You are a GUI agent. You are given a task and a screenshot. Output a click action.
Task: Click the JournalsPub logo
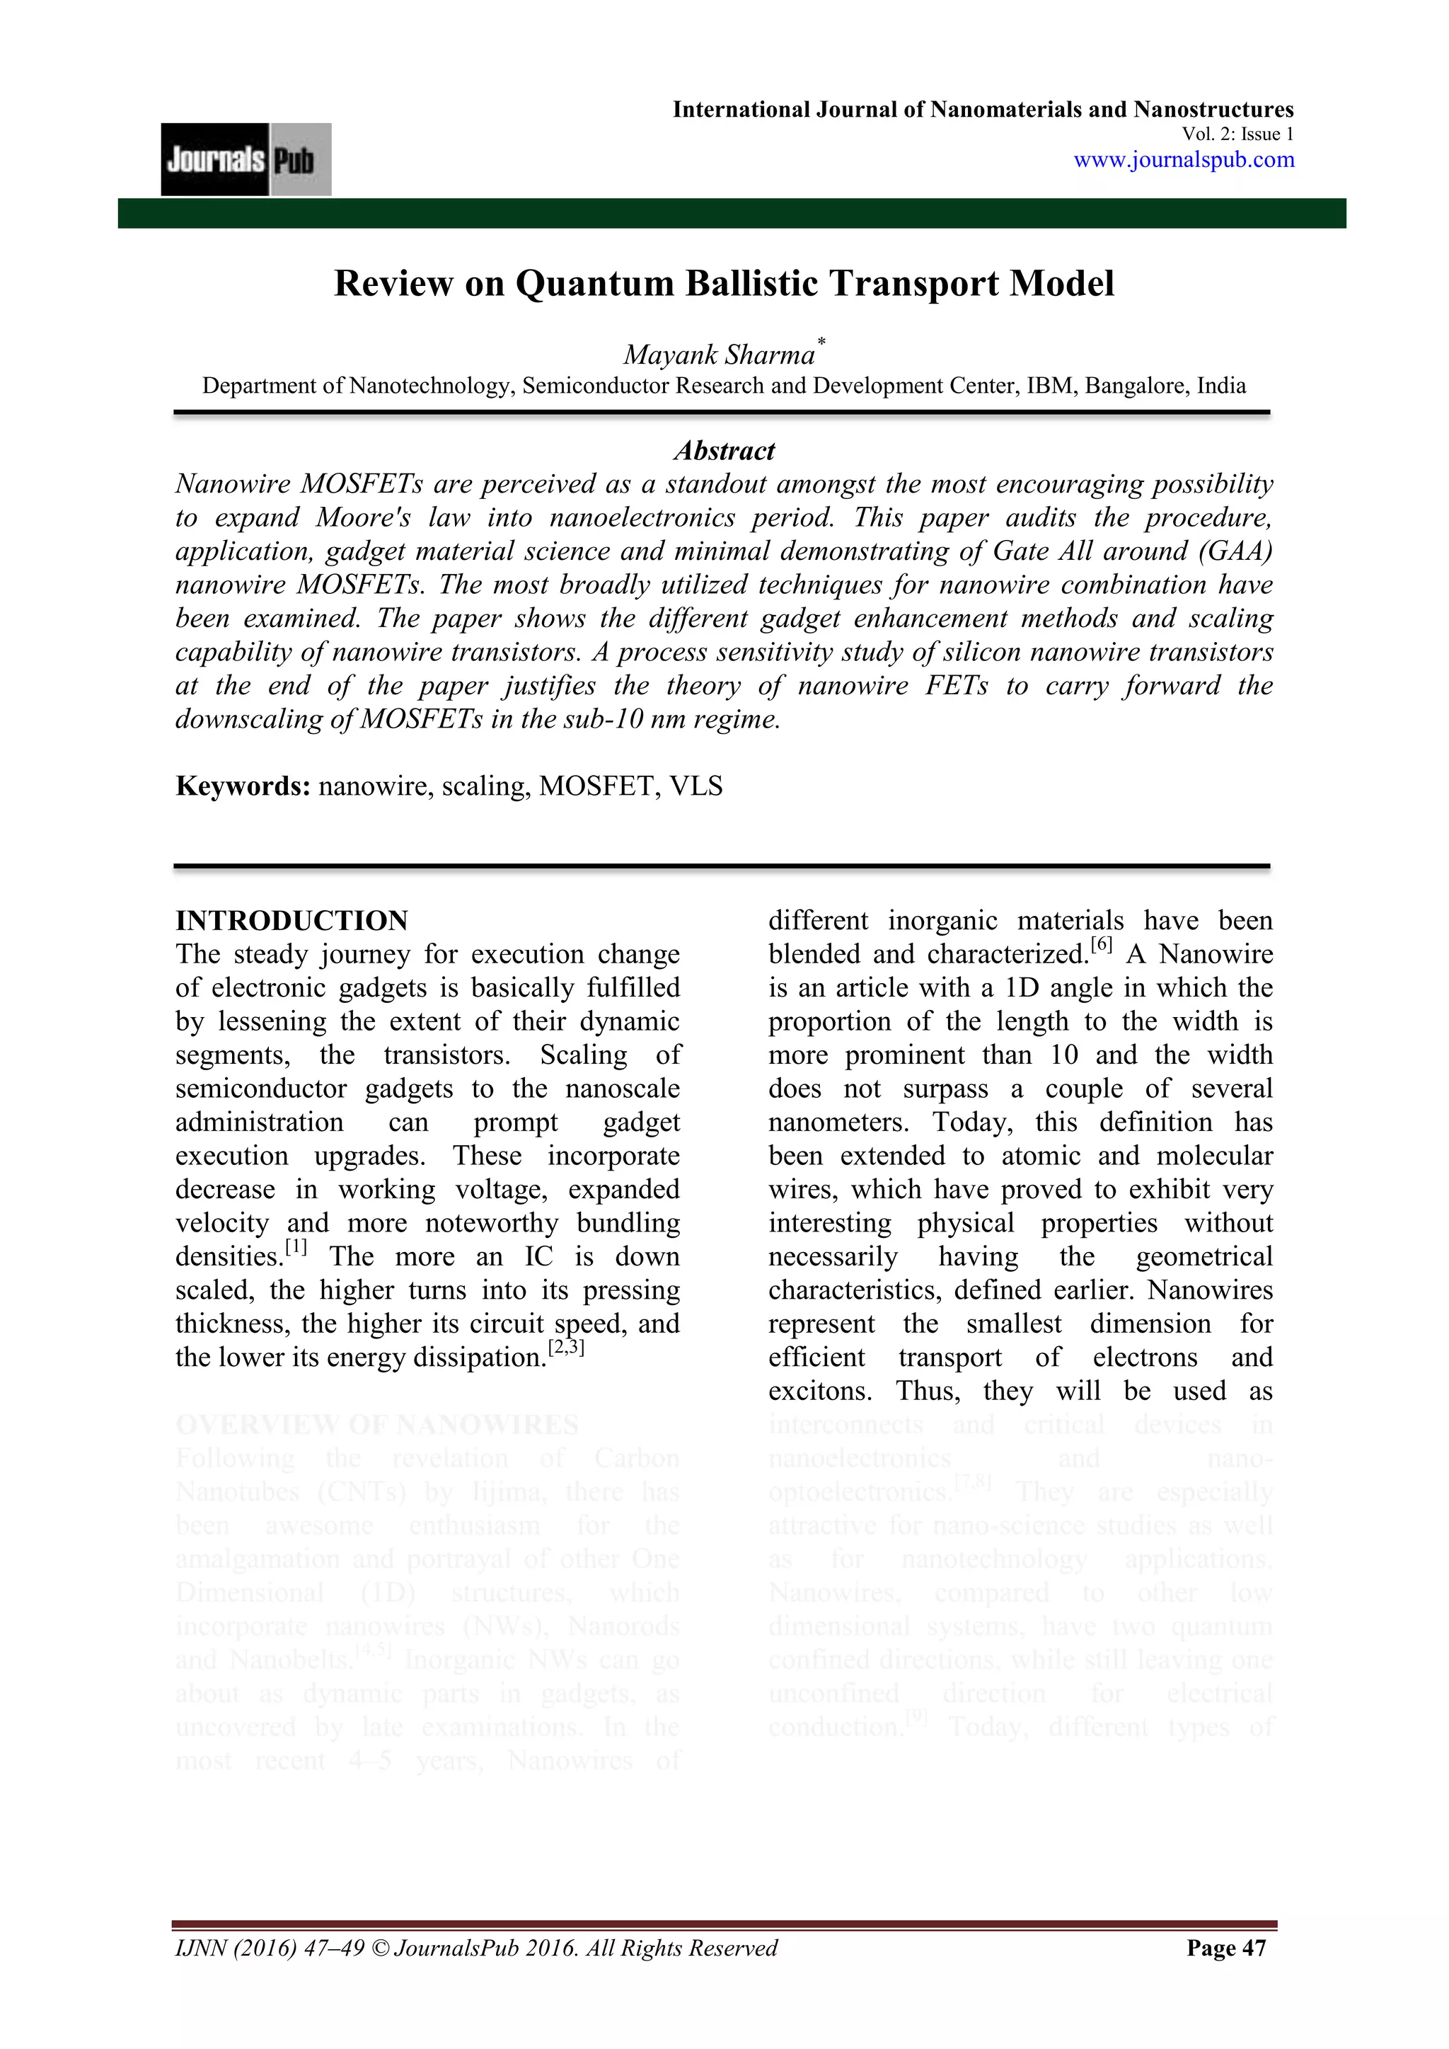tap(246, 160)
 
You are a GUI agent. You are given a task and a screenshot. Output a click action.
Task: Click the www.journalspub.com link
tap(1183, 160)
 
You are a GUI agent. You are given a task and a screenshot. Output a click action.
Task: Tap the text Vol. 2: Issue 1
tap(1237, 134)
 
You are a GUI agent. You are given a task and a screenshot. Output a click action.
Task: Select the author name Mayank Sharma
tap(719, 355)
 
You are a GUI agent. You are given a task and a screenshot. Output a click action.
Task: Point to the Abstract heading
tap(724, 451)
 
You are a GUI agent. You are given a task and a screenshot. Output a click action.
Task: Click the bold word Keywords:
tap(243, 786)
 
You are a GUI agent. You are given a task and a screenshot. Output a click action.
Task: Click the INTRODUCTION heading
tap(291, 921)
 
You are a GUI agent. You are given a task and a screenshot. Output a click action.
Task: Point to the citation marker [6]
tap(1102, 945)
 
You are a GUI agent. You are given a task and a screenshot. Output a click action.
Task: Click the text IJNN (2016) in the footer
tap(236, 1948)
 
